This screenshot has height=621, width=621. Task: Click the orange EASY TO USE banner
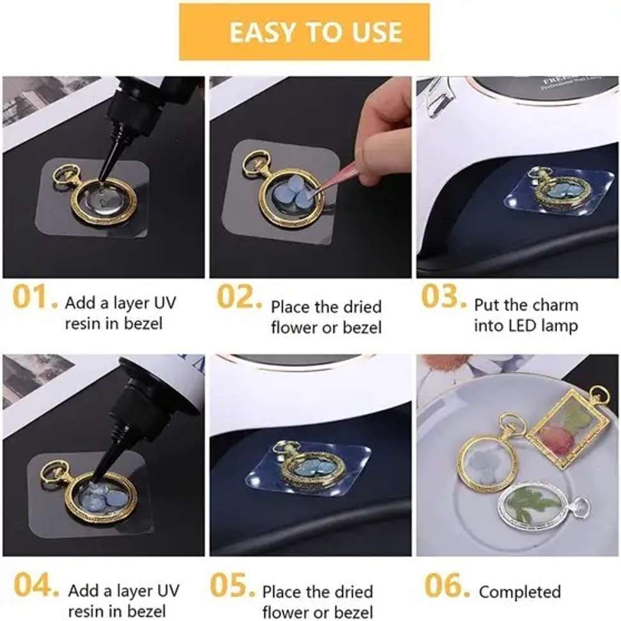pyautogui.click(x=304, y=32)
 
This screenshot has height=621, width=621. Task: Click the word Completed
pyautogui.click(x=519, y=592)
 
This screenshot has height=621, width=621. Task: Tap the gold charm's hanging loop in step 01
pyautogui.click(x=65, y=175)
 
